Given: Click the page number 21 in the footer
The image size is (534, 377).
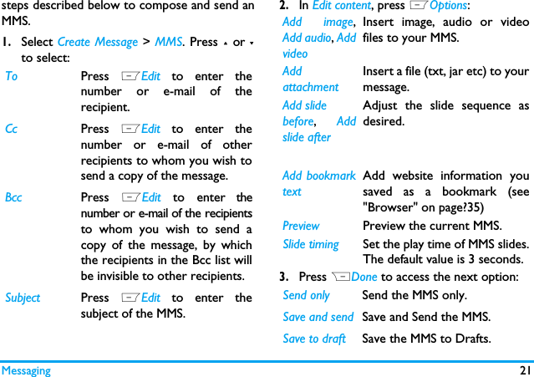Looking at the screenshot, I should click(x=524, y=370).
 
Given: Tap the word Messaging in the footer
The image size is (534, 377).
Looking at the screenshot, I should click(x=26, y=370).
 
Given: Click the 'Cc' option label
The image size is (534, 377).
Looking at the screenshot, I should click(x=11, y=130).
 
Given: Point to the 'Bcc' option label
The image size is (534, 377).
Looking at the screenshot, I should click(x=13, y=198).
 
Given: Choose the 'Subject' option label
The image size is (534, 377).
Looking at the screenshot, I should click(x=23, y=298).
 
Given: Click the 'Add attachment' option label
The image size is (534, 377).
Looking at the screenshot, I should click(x=310, y=79).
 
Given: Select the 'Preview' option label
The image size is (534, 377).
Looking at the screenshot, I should click(x=301, y=226).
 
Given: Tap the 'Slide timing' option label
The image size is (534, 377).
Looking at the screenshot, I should click(x=311, y=244).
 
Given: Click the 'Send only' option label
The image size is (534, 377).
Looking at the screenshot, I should click(x=306, y=295).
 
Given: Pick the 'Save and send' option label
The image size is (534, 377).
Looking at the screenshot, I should click(x=318, y=317).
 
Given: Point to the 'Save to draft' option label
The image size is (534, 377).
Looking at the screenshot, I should click(x=314, y=339).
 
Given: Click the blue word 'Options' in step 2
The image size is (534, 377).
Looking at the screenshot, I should click(x=448, y=6).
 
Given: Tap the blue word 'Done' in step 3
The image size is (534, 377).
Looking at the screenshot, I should click(x=364, y=277).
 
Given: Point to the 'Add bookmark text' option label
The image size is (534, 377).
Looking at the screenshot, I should click(x=318, y=184).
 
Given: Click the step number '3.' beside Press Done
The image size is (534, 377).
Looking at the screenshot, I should click(x=284, y=277).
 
